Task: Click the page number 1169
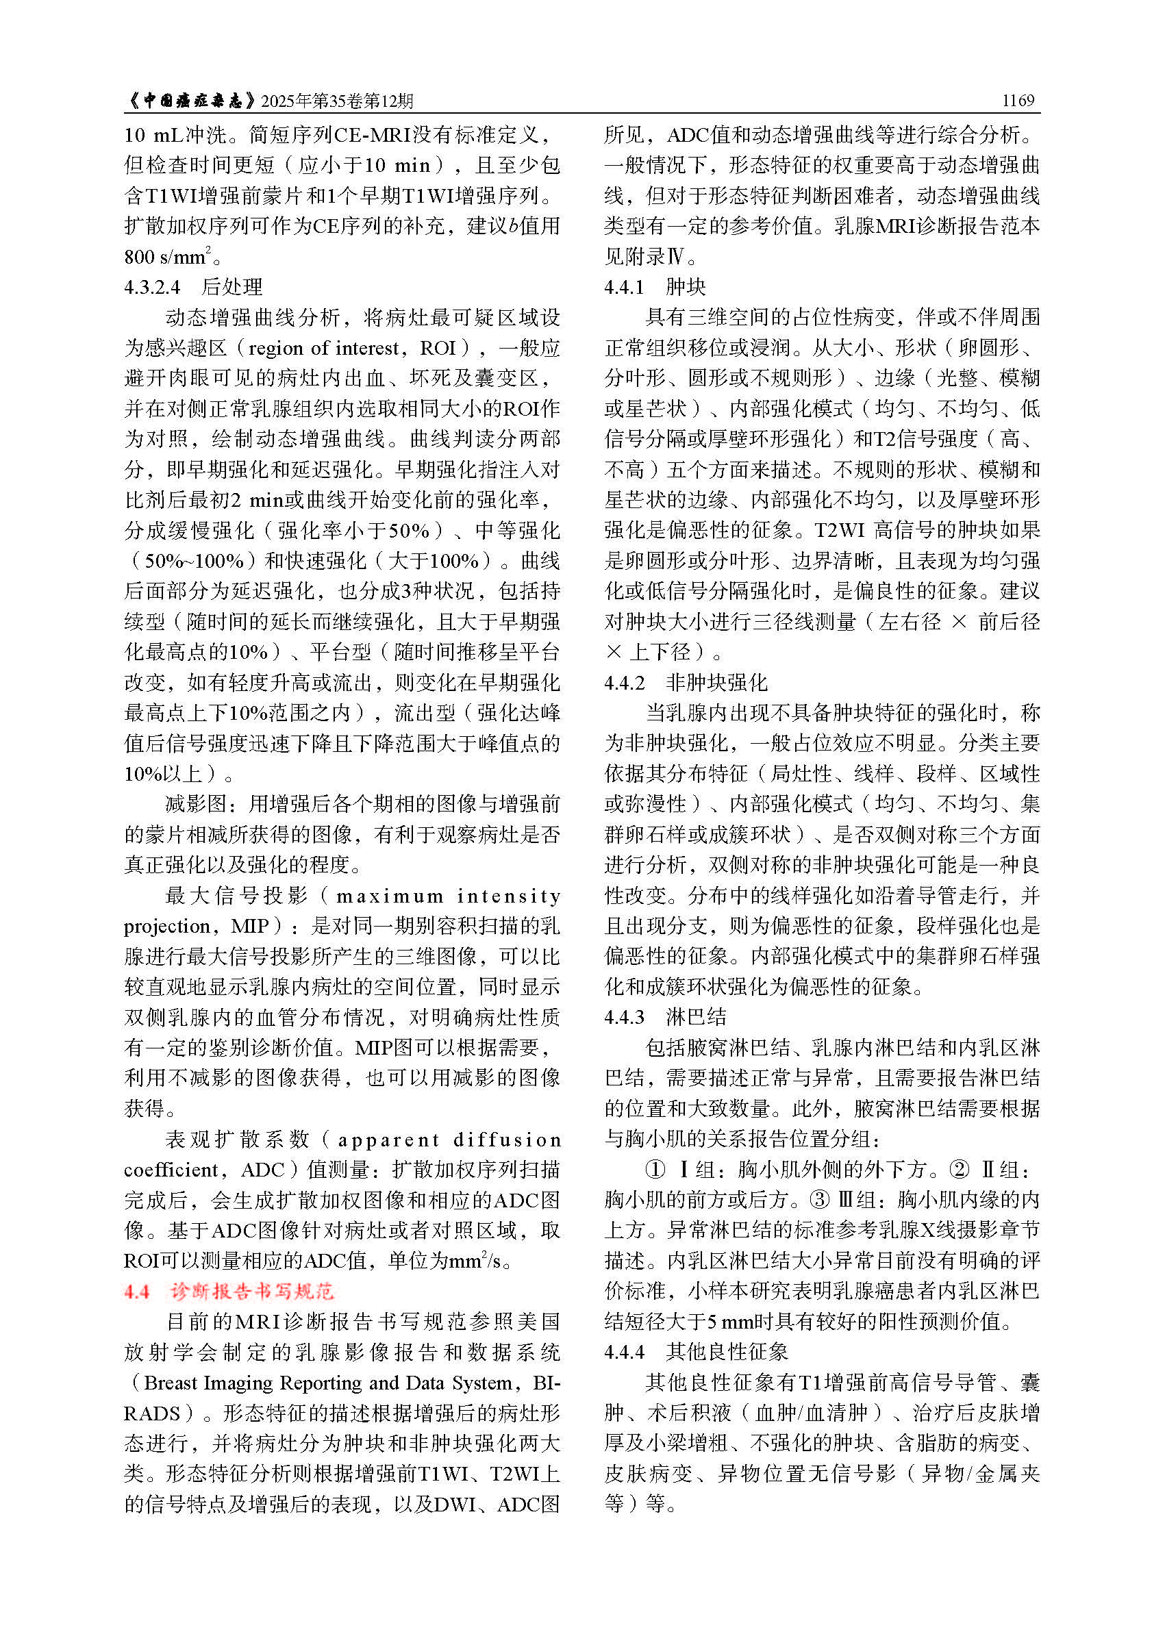click(1018, 101)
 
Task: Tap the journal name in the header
click(190, 101)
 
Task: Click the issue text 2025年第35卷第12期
click(337, 101)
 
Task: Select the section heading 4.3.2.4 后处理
click(193, 287)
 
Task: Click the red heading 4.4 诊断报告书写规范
click(229, 1292)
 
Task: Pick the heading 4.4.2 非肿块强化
click(685, 682)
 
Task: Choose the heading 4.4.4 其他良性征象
click(695, 1351)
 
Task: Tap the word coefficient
click(171, 1170)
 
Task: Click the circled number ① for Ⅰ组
click(655, 1169)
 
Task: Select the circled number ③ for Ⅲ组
click(819, 1199)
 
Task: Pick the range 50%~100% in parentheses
click(195, 560)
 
